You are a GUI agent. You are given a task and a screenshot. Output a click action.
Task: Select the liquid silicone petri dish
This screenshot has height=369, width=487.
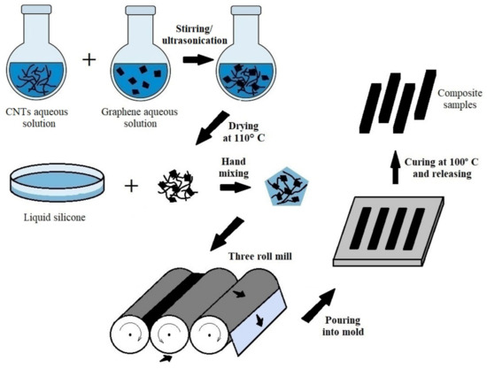click(59, 187)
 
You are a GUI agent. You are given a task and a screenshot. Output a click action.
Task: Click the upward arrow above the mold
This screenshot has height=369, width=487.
click(394, 168)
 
